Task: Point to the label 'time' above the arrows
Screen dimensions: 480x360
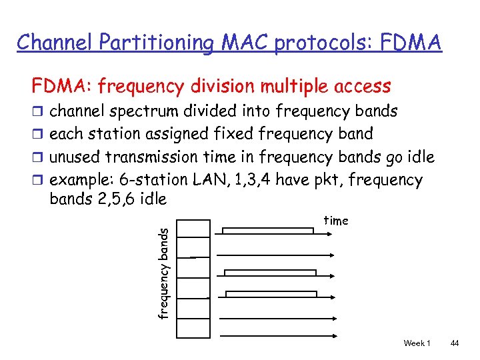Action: point(336,221)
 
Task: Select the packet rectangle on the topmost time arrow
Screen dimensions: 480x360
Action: point(267,231)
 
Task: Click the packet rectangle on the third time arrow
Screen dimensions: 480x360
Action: point(270,273)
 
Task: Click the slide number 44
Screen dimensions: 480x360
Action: point(455,343)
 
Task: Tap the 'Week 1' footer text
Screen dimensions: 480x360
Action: point(417,343)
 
